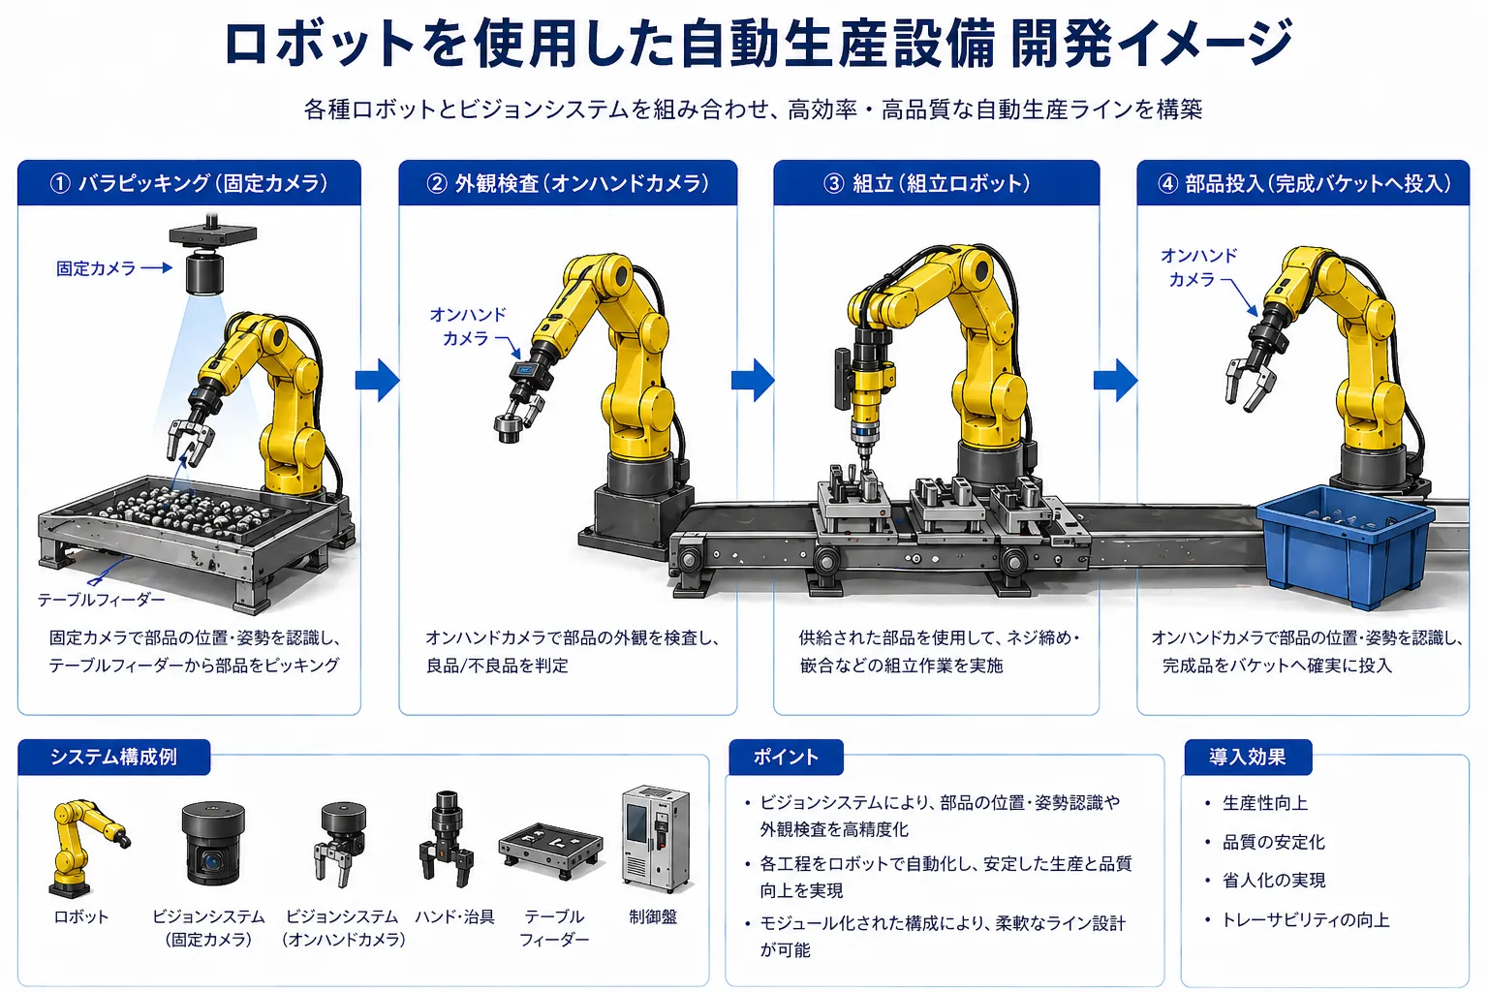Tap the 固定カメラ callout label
(x=96, y=268)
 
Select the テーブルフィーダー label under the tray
(x=101, y=600)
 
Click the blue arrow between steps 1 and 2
(x=377, y=380)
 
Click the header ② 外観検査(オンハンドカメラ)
(x=568, y=183)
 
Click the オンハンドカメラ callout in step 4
(x=1197, y=267)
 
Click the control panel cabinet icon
(x=655, y=838)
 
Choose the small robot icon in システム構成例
(x=84, y=846)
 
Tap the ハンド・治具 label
(x=454, y=916)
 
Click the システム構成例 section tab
(x=113, y=757)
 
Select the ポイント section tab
(x=786, y=757)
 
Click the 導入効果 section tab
(x=1247, y=757)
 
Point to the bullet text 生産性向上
(x=1264, y=803)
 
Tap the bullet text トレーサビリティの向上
(x=1305, y=919)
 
